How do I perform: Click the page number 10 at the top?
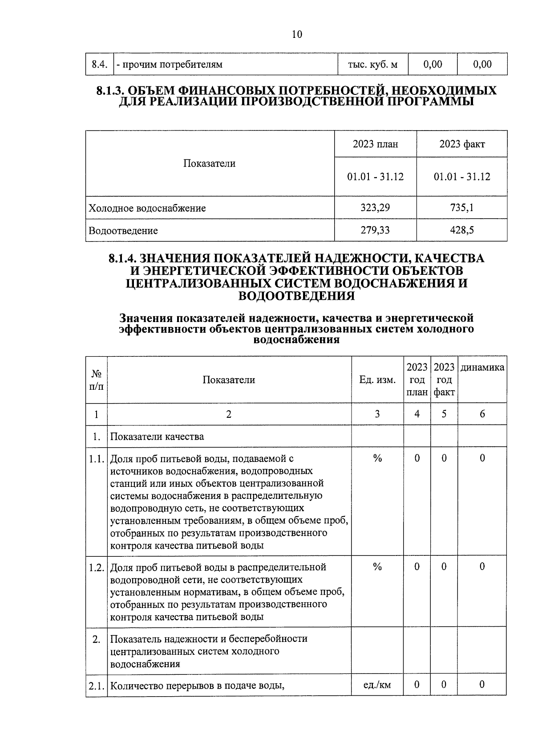click(x=297, y=34)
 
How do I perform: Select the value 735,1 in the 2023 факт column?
click(x=462, y=208)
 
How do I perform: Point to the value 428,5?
click(x=462, y=230)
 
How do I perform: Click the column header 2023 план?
click(x=375, y=144)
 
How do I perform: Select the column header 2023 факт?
click(x=462, y=144)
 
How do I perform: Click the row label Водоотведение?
click(x=123, y=231)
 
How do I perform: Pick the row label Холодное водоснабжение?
click(x=147, y=208)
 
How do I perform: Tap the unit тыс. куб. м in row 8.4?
click(x=372, y=65)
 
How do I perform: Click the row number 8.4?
click(x=100, y=65)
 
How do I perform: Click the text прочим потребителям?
click(x=171, y=65)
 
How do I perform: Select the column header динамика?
click(x=482, y=367)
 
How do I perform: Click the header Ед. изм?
click(x=377, y=380)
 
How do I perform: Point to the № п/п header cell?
click(x=97, y=380)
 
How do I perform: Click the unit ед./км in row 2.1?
click(x=377, y=685)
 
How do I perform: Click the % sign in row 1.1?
click(x=377, y=458)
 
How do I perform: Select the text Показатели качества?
click(x=157, y=437)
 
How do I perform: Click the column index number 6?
click(x=482, y=414)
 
